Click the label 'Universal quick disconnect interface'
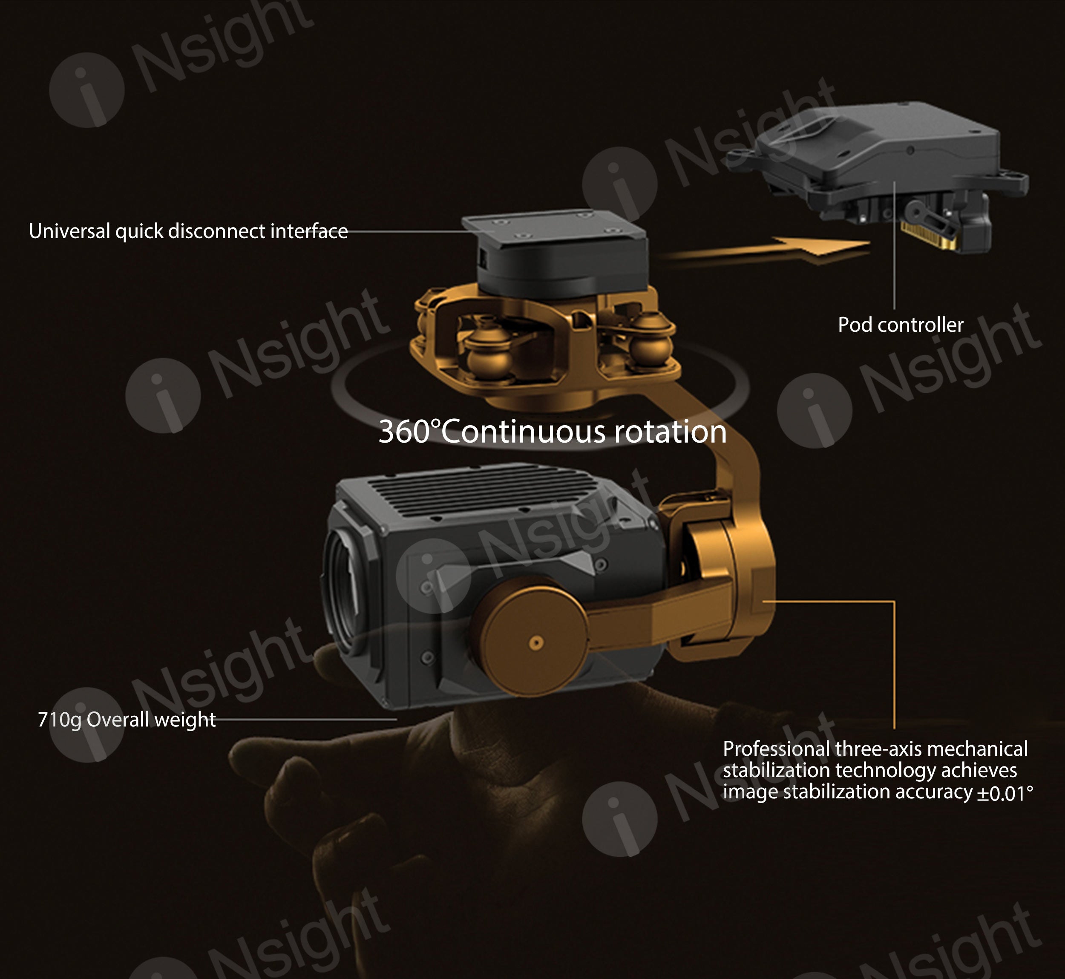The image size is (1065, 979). (188, 231)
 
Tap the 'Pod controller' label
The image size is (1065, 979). (900, 325)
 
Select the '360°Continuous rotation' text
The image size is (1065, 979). (553, 431)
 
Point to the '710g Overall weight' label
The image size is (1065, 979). (127, 720)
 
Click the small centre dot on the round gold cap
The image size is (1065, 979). (536, 642)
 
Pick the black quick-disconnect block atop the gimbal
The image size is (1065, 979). (556, 254)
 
